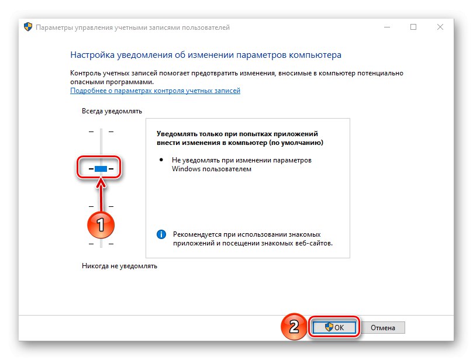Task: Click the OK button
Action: tap(334, 327)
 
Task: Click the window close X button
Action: tap(440, 27)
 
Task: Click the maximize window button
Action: tap(413, 27)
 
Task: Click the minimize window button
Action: tap(387, 27)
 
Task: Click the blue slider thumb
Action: tap(101, 169)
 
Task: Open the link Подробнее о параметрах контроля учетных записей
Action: tap(155, 91)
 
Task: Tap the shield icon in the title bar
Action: tap(28, 27)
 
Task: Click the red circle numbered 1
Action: tap(101, 225)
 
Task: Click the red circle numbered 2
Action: tap(294, 326)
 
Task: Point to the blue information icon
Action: tap(161, 234)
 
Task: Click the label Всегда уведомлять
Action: tap(112, 111)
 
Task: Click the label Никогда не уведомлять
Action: tap(119, 266)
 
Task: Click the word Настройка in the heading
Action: tap(92, 55)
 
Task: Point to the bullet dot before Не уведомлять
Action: tap(161, 160)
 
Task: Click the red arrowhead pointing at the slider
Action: tap(101, 182)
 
